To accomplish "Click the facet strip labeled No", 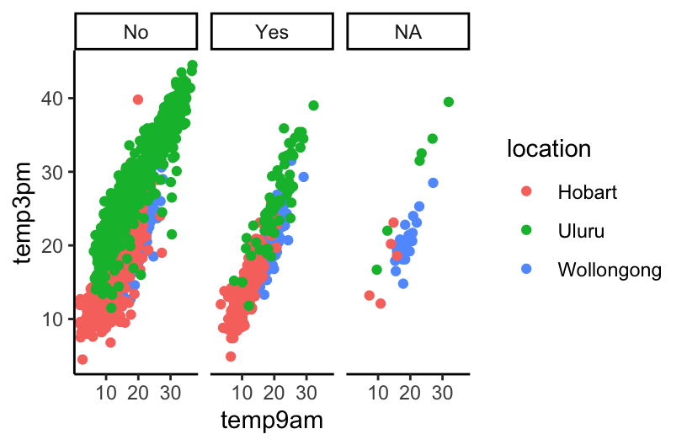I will tap(136, 32).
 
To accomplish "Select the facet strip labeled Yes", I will tap(271, 32).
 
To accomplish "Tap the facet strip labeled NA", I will tap(407, 32).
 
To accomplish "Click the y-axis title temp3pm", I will tap(26, 211).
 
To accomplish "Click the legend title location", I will tap(548, 149).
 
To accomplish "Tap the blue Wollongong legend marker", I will tap(526, 270).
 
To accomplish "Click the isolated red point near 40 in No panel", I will tap(138, 99).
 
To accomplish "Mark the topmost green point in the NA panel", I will tap(448, 102).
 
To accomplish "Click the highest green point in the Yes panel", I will tap(313, 105).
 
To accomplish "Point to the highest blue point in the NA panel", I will tap(433, 183).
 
